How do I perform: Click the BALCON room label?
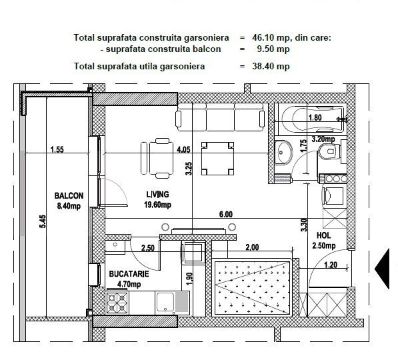click(69, 196)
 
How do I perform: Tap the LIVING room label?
click(157, 195)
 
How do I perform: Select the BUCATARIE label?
click(129, 274)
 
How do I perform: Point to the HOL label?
click(323, 235)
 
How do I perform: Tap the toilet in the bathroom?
click(329, 152)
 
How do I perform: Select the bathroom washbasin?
click(283, 153)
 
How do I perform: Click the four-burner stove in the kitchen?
click(117, 303)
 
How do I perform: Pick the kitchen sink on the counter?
click(172, 303)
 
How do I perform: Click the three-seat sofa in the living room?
click(220, 117)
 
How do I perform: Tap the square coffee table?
click(217, 159)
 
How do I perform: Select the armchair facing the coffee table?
click(158, 159)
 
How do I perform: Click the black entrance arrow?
click(382, 269)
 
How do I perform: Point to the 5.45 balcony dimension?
click(43, 221)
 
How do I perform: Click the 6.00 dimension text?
click(225, 215)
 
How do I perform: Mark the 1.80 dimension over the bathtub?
click(315, 117)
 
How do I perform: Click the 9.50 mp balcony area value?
click(273, 49)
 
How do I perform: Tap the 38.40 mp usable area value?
click(271, 66)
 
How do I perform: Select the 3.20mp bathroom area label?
click(323, 139)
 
